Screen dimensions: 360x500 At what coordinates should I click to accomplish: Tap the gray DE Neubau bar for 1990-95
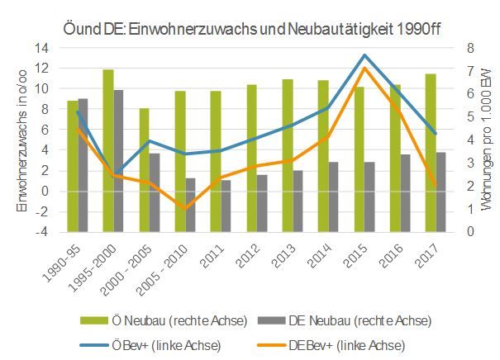coord(83,165)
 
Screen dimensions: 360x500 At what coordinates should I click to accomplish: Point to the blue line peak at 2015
coord(364,55)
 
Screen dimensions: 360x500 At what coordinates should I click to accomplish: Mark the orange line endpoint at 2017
coord(434,187)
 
